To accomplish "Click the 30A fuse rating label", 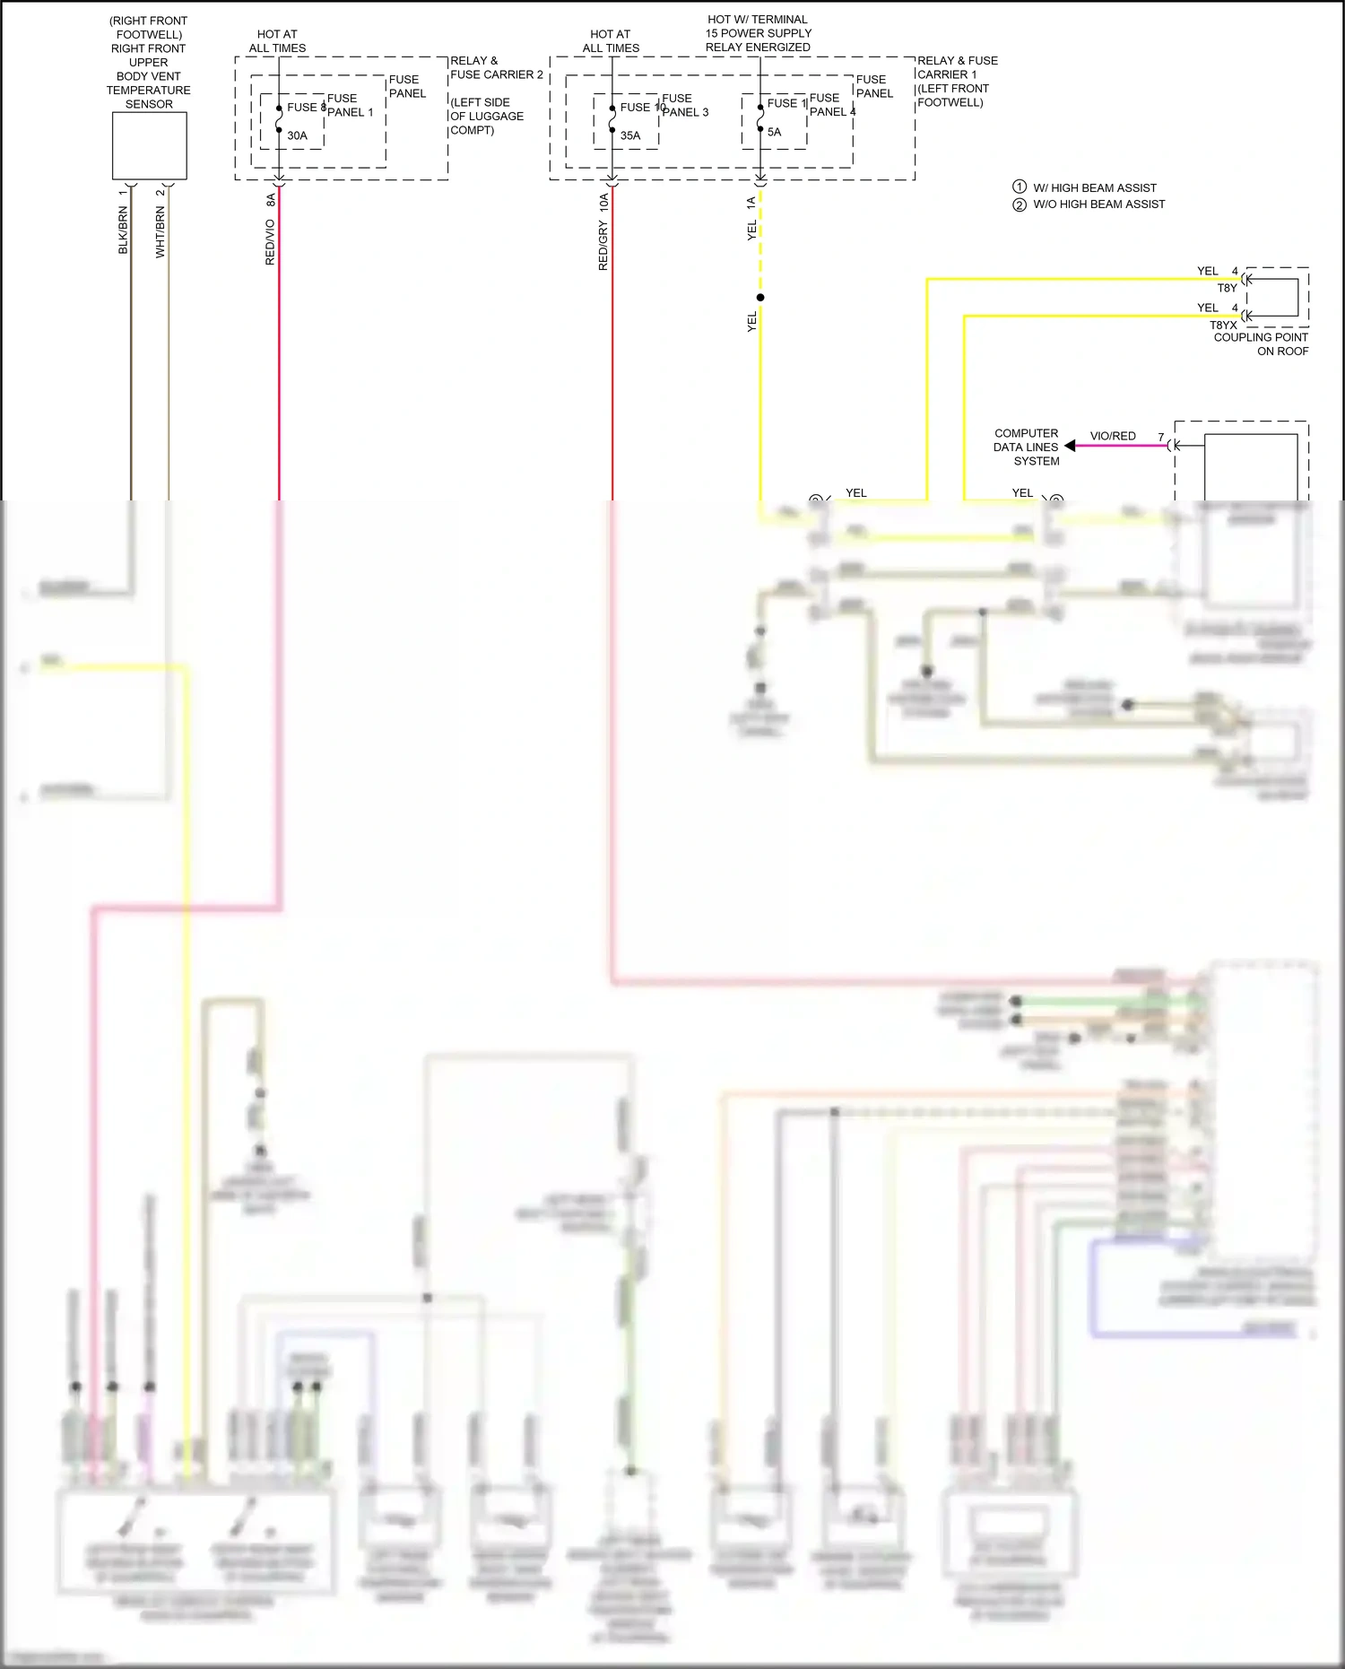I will click(x=297, y=135).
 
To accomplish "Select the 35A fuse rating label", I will click(x=630, y=135).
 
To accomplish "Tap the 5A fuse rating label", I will click(x=774, y=132).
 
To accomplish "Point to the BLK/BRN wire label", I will click(x=123, y=230).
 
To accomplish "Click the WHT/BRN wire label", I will click(x=161, y=232).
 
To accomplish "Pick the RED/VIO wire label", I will click(x=270, y=242).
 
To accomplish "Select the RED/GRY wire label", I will click(x=603, y=246).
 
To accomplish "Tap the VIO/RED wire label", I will click(x=1113, y=436).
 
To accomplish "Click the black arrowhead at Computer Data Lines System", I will click(x=1070, y=446).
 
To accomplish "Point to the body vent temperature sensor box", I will click(x=149, y=146).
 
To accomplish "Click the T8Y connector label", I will click(x=1227, y=288).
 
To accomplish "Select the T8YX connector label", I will click(x=1223, y=326).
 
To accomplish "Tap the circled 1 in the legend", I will click(x=1020, y=187).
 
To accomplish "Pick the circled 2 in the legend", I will click(x=1020, y=204).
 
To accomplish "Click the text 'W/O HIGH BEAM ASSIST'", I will click(x=1099, y=204).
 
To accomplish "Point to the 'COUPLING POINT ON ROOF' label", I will click(x=1261, y=344).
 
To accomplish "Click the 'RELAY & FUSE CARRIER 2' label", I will click(x=497, y=67).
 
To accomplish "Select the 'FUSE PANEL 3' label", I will click(x=685, y=105).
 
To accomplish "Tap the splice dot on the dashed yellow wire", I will click(x=760, y=298).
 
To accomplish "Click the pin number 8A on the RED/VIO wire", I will click(x=271, y=200).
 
